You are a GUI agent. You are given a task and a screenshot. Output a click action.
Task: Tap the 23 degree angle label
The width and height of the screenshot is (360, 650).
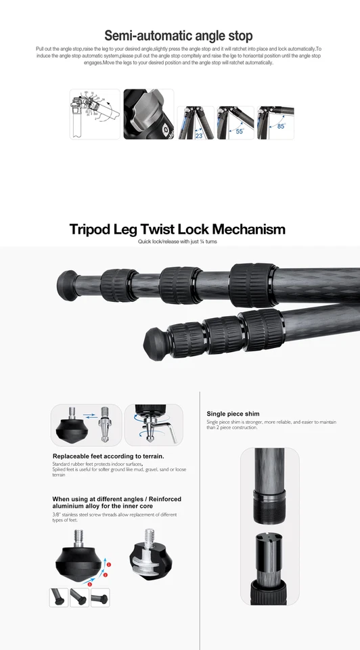pyautogui.click(x=198, y=135)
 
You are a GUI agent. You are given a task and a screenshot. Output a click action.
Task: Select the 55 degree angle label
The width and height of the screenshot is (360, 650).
pyautogui.click(x=239, y=131)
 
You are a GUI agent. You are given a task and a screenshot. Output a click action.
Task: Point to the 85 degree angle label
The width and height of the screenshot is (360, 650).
pyautogui.click(x=280, y=126)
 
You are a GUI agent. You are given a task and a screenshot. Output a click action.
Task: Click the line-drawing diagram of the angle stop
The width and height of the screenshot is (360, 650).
pyautogui.click(x=94, y=114)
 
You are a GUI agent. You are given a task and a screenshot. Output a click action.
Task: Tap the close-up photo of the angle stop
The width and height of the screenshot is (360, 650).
pyautogui.click(x=148, y=114)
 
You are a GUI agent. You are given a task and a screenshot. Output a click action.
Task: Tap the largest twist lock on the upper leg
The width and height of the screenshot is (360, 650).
pyautogui.click(x=251, y=284)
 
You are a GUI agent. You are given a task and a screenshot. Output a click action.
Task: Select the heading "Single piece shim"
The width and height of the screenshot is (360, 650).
pyautogui.click(x=233, y=414)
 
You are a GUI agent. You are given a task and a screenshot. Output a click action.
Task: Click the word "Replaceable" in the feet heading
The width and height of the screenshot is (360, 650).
pyautogui.click(x=73, y=456)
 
